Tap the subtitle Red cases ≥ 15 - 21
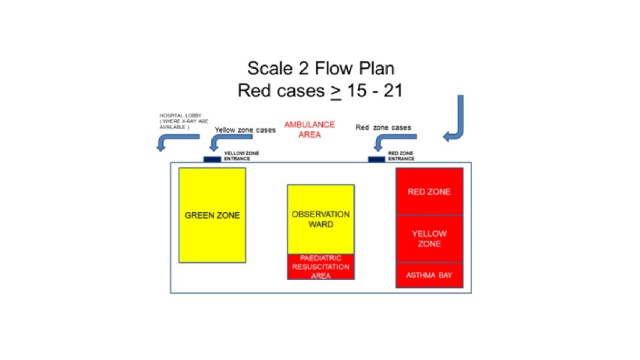tap(320, 90)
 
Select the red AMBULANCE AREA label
tap(309, 129)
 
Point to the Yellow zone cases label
tap(245, 130)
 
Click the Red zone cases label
tap(383, 127)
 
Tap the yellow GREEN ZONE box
tap(212, 215)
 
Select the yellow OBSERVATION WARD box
tap(321, 219)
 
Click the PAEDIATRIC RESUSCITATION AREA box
tap(321, 267)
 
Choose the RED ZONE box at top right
tap(429, 192)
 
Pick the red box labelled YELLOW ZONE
tap(429, 239)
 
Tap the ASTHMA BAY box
tap(429, 275)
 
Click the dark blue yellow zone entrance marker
tap(212, 159)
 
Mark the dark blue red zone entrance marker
tap(377, 159)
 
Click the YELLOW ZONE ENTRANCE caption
tap(241, 156)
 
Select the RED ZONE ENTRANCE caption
tap(401, 156)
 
